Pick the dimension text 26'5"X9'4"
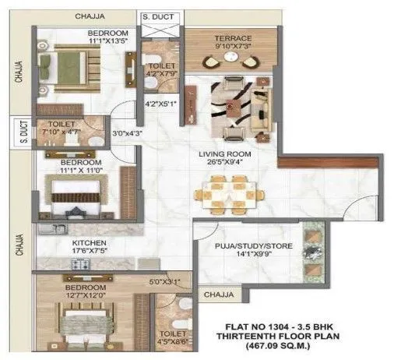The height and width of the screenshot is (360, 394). pos(223,163)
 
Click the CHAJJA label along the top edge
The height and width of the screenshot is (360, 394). pos(90,16)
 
